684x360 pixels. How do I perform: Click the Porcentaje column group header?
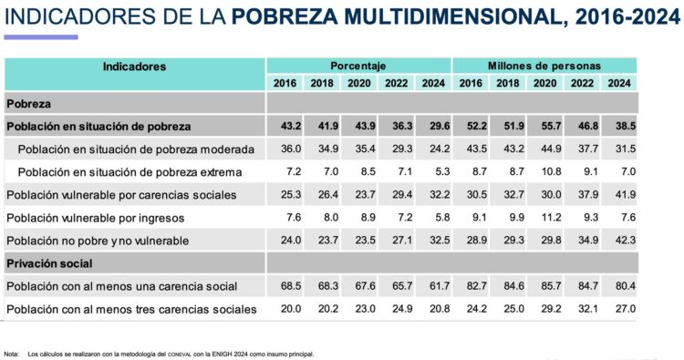click(x=358, y=67)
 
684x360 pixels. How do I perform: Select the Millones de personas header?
click(x=544, y=67)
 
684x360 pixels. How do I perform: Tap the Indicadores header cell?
click(x=134, y=67)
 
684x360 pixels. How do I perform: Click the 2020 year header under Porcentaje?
click(x=358, y=84)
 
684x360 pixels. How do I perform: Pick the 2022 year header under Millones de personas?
click(x=582, y=84)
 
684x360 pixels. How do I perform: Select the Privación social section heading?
click(x=51, y=262)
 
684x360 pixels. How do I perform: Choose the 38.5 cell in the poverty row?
click(x=619, y=126)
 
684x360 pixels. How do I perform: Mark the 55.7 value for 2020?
click(x=544, y=126)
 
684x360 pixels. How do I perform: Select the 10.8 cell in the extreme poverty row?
click(x=544, y=171)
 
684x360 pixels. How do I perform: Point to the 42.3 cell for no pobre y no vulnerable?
click(x=619, y=241)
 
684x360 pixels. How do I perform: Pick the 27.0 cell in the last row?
click(x=619, y=309)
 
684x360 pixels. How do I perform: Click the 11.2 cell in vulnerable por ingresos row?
click(x=544, y=218)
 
